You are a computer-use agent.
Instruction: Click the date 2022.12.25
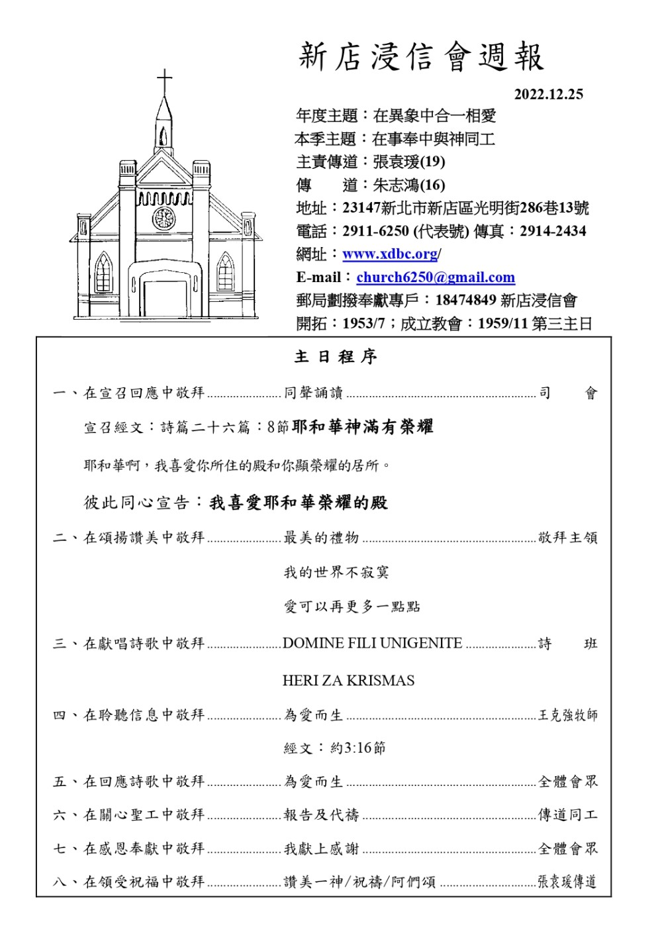pos(548,94)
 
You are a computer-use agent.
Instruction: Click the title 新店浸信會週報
pos(421,57)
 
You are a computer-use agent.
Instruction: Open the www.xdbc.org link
pos(390,254)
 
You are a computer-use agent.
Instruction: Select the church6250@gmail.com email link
pos(436,277)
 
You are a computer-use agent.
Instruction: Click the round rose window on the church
pos(164,218)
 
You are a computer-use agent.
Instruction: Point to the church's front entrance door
pos(164,299)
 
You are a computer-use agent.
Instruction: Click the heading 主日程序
pos(336,357)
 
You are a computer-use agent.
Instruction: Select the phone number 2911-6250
pos(375,231)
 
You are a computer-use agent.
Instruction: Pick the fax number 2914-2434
pos(553,231)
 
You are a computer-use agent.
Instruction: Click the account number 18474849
pos(465,300)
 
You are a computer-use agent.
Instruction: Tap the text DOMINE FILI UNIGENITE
pos(372,643)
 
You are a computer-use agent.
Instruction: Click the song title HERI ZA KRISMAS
pos(348,681)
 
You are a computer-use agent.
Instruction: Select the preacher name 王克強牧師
pos(567,715)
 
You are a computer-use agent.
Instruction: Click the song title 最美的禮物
pos(321,538)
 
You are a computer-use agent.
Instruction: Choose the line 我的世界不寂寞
pos(336,572)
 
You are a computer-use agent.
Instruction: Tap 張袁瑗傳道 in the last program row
pos(567,881)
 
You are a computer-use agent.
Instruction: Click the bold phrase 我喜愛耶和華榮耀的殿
pos(299,503)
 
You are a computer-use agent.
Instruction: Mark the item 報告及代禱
pos(321,814)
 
